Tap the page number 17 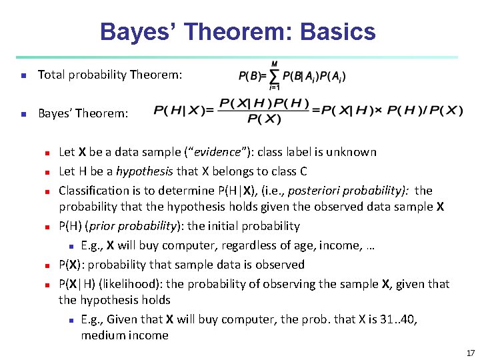[x=470, y=353]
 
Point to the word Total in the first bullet [x=51, y=75]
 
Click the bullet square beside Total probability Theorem [x=23, y=75]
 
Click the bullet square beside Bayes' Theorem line [x=23, y=114]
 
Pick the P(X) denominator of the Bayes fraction [x=264, y=120]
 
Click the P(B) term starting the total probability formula [x=249, y=75]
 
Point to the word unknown [x=353, y=152]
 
